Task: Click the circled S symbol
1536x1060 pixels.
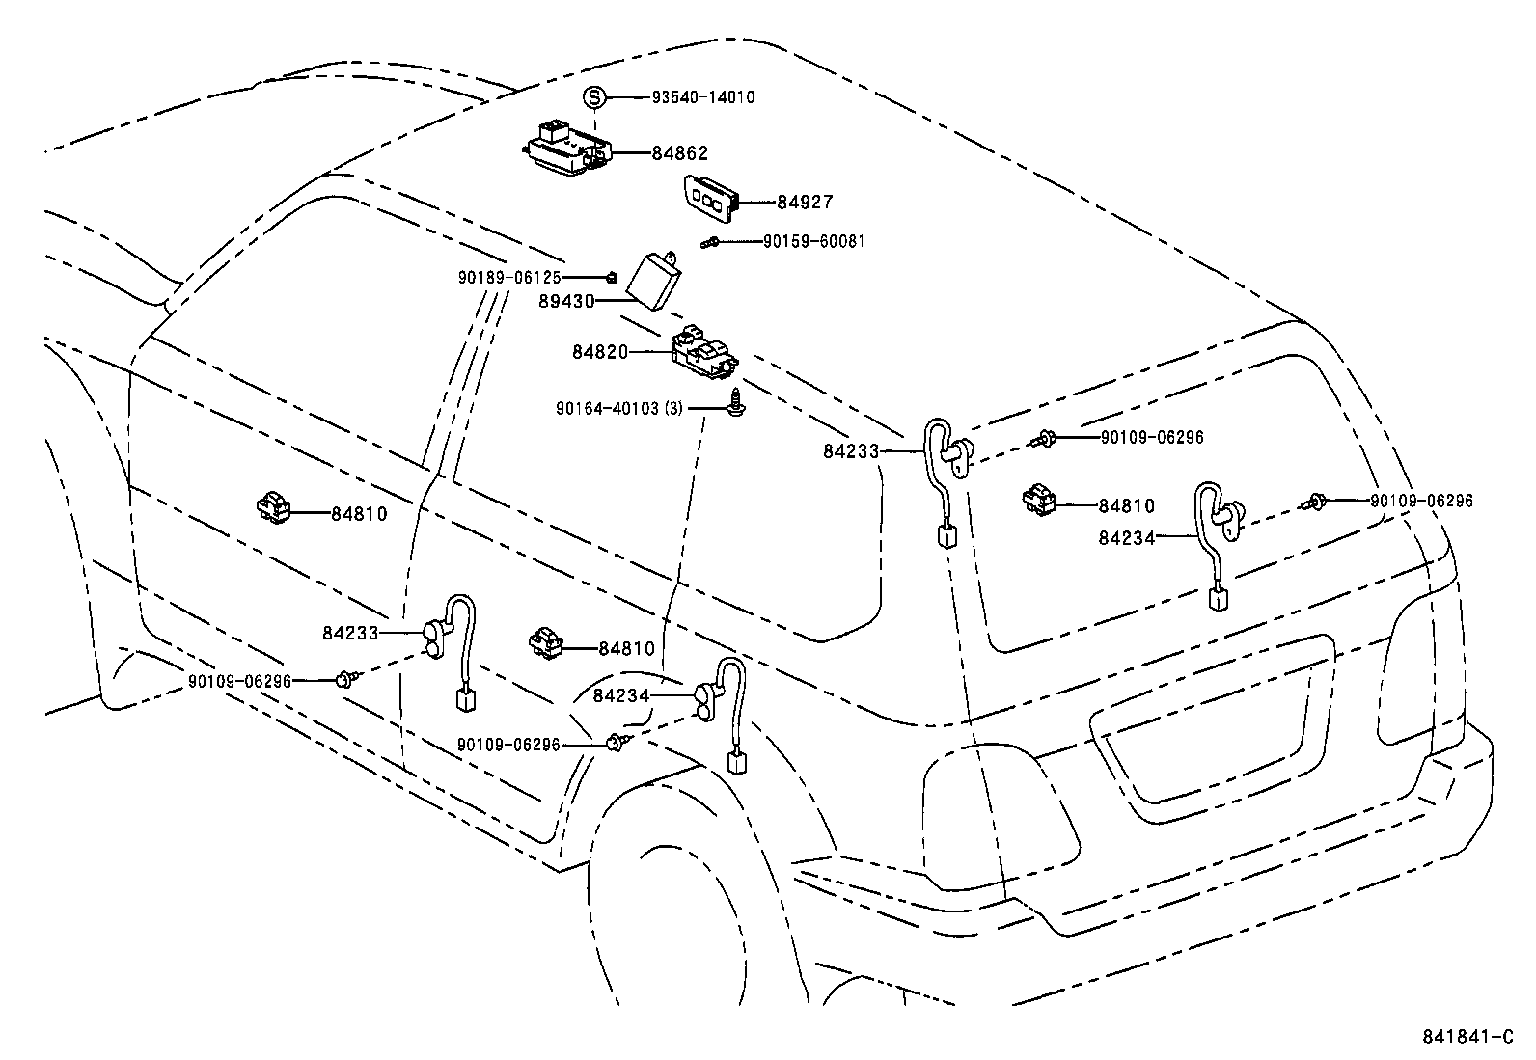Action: pyautogui.click(x=595, y=96)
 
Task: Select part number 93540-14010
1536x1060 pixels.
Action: pyautogui.click(x=703, y=97)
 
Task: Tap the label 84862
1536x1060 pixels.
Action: pyautogui.click(x=679, y=152)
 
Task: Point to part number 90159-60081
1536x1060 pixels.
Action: pyautogui.click(x=813, y=241)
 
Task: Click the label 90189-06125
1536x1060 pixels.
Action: pyautogui.click(x=509, y=277)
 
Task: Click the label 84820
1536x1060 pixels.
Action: pyautogui.click(x=599, y=352)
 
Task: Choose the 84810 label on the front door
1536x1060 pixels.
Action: pyautogui.click(x=359, y=513)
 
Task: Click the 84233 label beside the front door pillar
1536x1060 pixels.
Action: pyautogui.click(x=350, y=633)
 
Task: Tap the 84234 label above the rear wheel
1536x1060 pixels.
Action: pyautogui.click(x=621, y=695)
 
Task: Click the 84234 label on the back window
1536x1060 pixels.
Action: pyautogui.click(x=1126, y=538)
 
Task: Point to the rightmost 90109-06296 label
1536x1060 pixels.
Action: pyautogui.click(x=1421, y=501)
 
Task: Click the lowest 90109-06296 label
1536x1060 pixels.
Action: pyautogui.click(x=508, y=745)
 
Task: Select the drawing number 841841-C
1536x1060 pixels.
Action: pyautogui.click(x=1467, y=1037)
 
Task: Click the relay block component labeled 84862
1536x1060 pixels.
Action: pyautogui.click(x=567, y=150)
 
